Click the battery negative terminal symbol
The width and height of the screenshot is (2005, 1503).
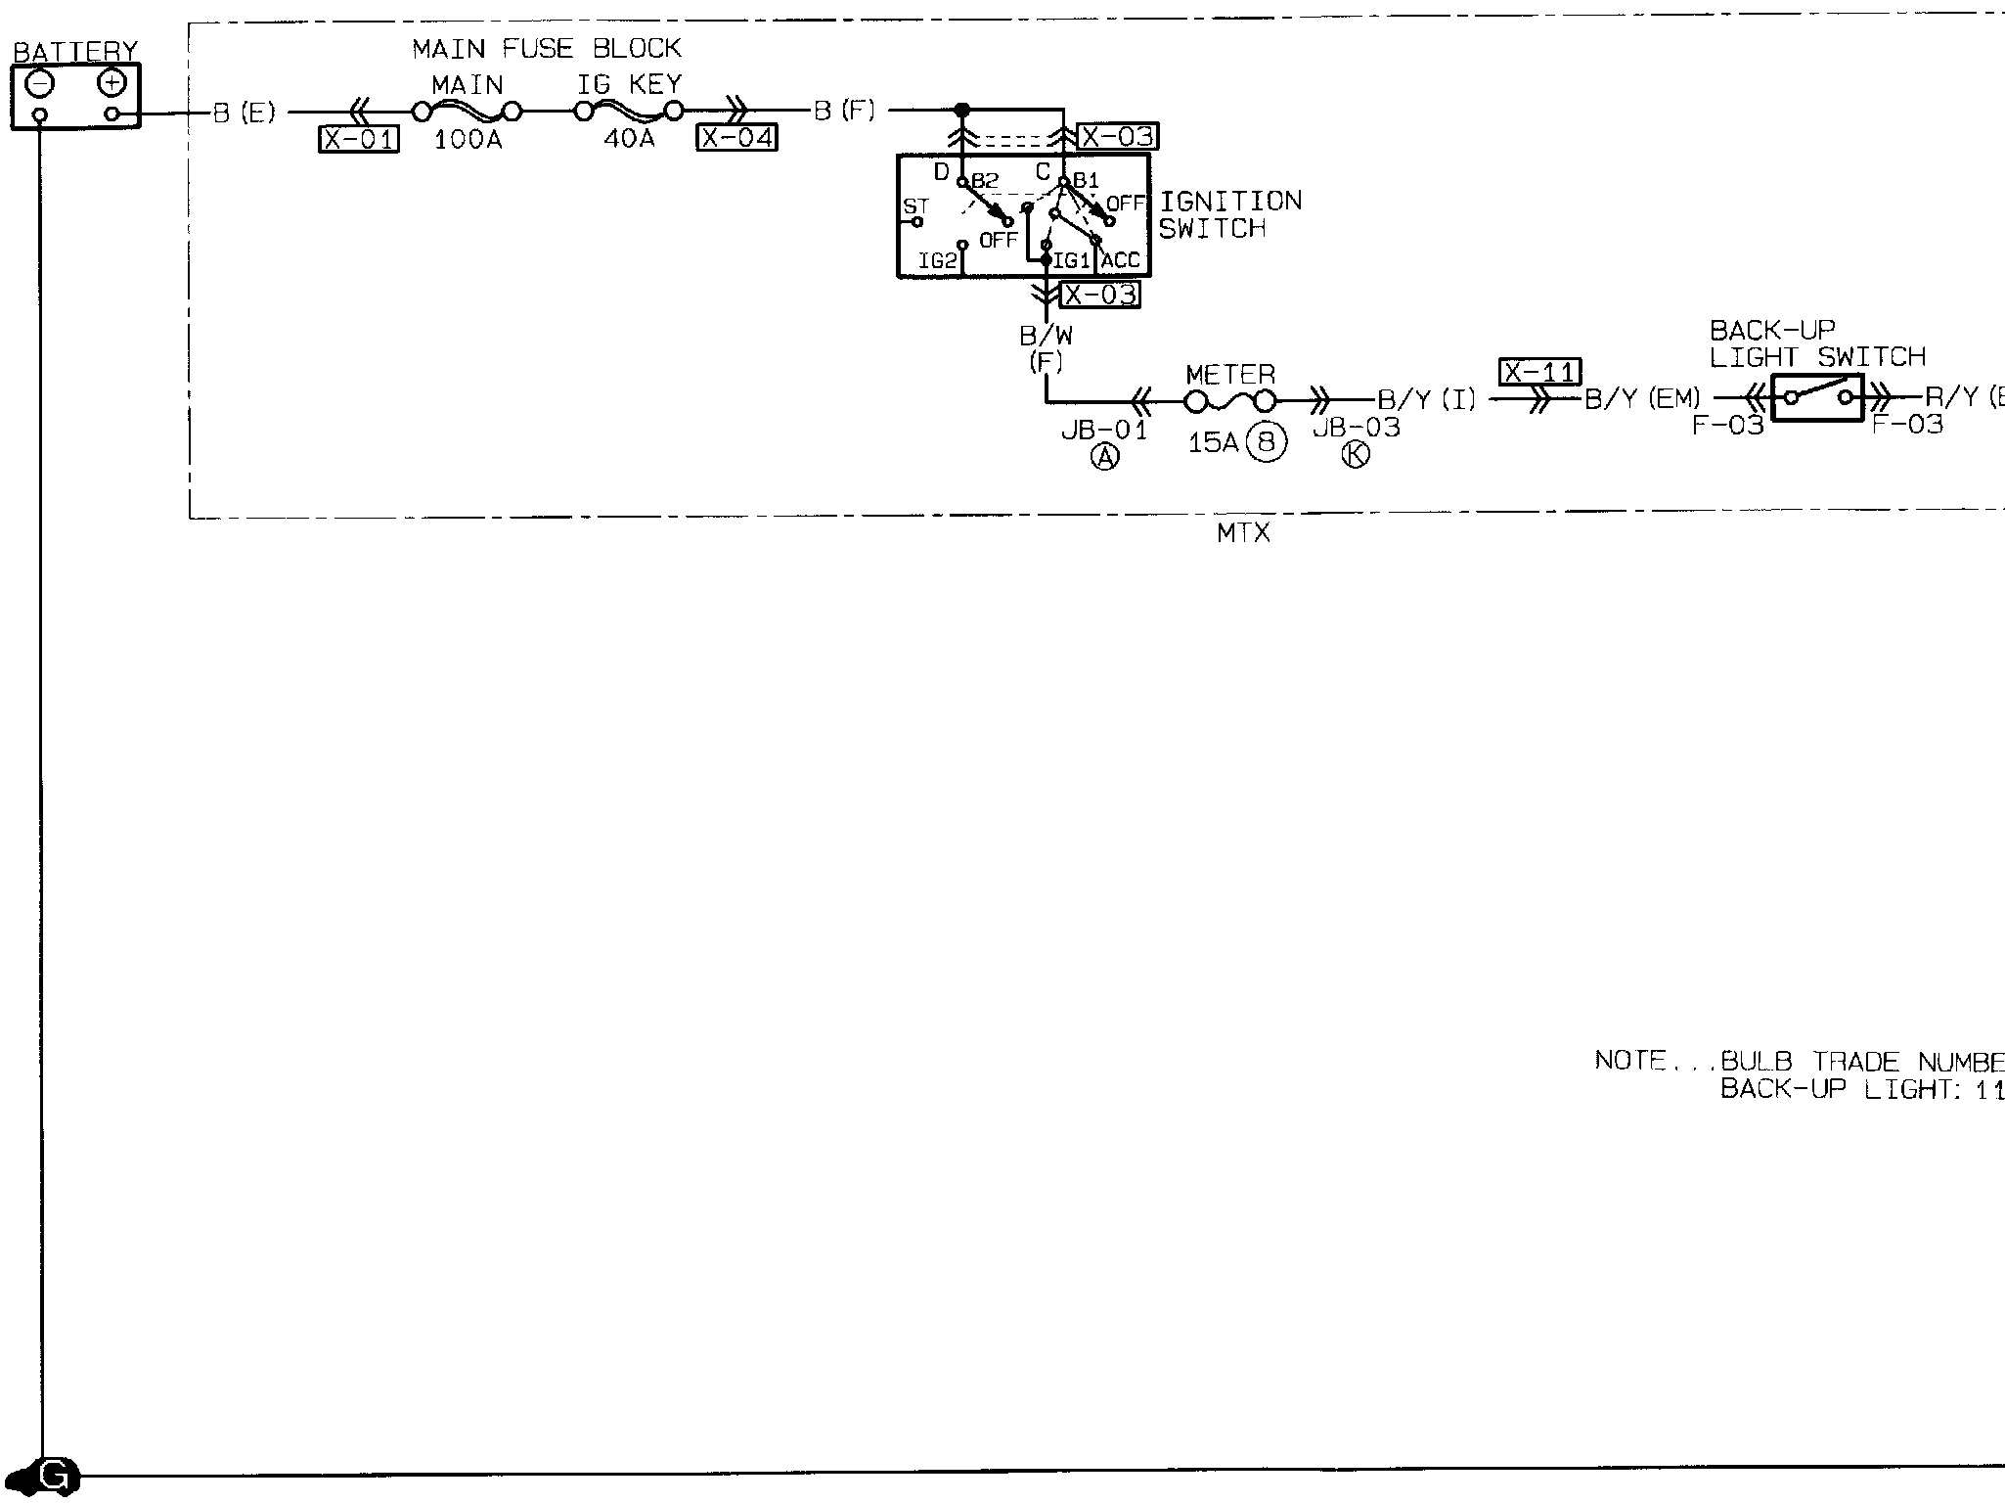(40, 84)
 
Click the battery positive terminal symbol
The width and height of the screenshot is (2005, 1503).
(112, 84)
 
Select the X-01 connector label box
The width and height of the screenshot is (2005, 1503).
(359, 140)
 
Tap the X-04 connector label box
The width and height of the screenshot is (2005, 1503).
(736, 138)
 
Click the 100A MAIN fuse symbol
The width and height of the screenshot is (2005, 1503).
(467, 111)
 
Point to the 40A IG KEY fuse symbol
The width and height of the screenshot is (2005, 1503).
(629, 111)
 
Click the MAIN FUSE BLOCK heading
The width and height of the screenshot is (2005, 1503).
(546, 48)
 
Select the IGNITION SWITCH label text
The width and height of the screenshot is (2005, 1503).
(1229, 214)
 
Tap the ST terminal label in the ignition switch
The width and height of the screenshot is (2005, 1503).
(914, 206)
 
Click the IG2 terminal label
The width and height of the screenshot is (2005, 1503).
(936, 261)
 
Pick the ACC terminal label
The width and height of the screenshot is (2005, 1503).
(1121, 261)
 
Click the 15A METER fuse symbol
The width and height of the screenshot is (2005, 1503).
(1230, 401)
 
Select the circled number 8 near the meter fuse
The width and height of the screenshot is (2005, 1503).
(1267, 443)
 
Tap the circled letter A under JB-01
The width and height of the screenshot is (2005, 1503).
(1104, 456)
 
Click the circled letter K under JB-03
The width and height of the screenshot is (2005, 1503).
(1356, 454)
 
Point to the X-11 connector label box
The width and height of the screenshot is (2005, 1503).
(1539, 373)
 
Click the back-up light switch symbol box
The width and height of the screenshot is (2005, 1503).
(1817, 397)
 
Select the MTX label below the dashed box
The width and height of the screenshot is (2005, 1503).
(1243, 533)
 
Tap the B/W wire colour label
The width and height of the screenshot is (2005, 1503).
(1046, 337)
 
